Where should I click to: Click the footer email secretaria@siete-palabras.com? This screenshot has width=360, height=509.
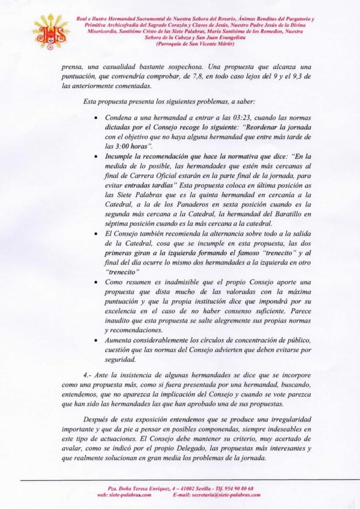click(x=216, y=495)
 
